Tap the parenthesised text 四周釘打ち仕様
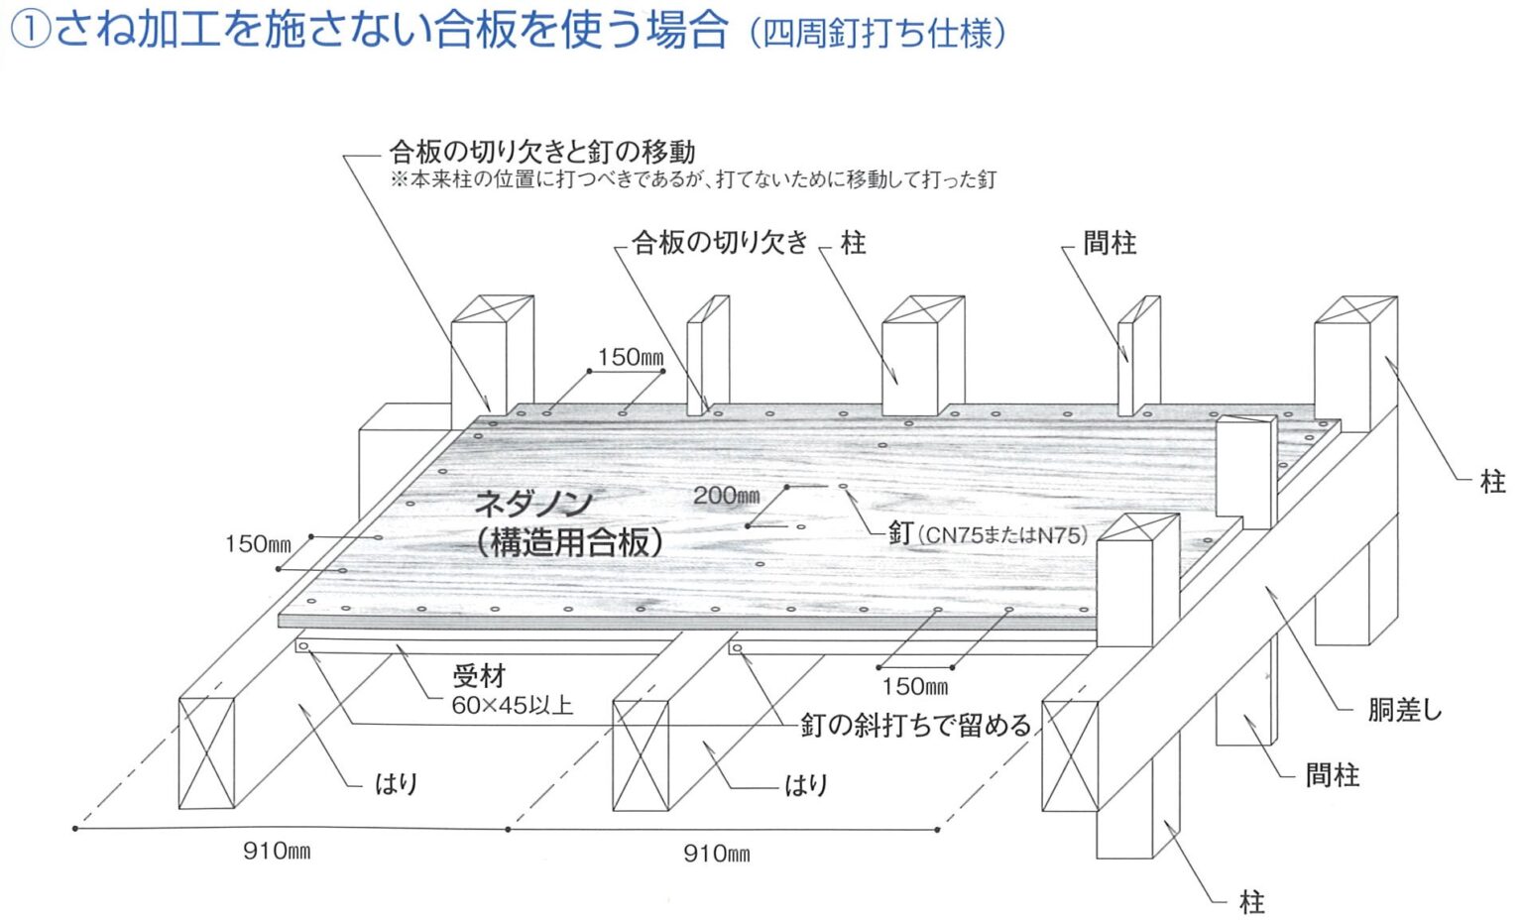pyautogui.click(x=878, y=34)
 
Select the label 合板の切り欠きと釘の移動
pyautogui.click(x=541, y=152)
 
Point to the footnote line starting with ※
pyautogui.click(x=692, y=179)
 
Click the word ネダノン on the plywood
pyautogui.click(x=533, y=504)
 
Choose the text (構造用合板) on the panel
pyautogui.click(x=568, y=541)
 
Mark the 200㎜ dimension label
pyautogui.click(x=726, y=496)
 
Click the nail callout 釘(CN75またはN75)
pyautogui.click(x=988, y=534)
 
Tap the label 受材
pyautogui.click(x=479, y=676)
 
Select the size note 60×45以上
pyautogui.click(x=512, y=706)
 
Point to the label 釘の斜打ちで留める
pyautogui.click(x=916, y=725)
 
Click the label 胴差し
pyautogui.click(x=1404, y=710)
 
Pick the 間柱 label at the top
pyautogui.click(x=1110, y=243)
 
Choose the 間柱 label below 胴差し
pyautogui.click(x=1332, y=775)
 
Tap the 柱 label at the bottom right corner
pyautogui.click(x=1252, y=902)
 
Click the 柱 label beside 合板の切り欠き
pyautogui.click(x=853, y=243)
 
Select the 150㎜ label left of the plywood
pyautogui.click(x=258, y=544)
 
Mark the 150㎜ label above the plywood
pyautogui.click(x=630, y=357)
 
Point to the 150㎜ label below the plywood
pyautogui.click(x=914, y=686)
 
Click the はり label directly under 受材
pyautogui.click(x=396, y=784)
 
